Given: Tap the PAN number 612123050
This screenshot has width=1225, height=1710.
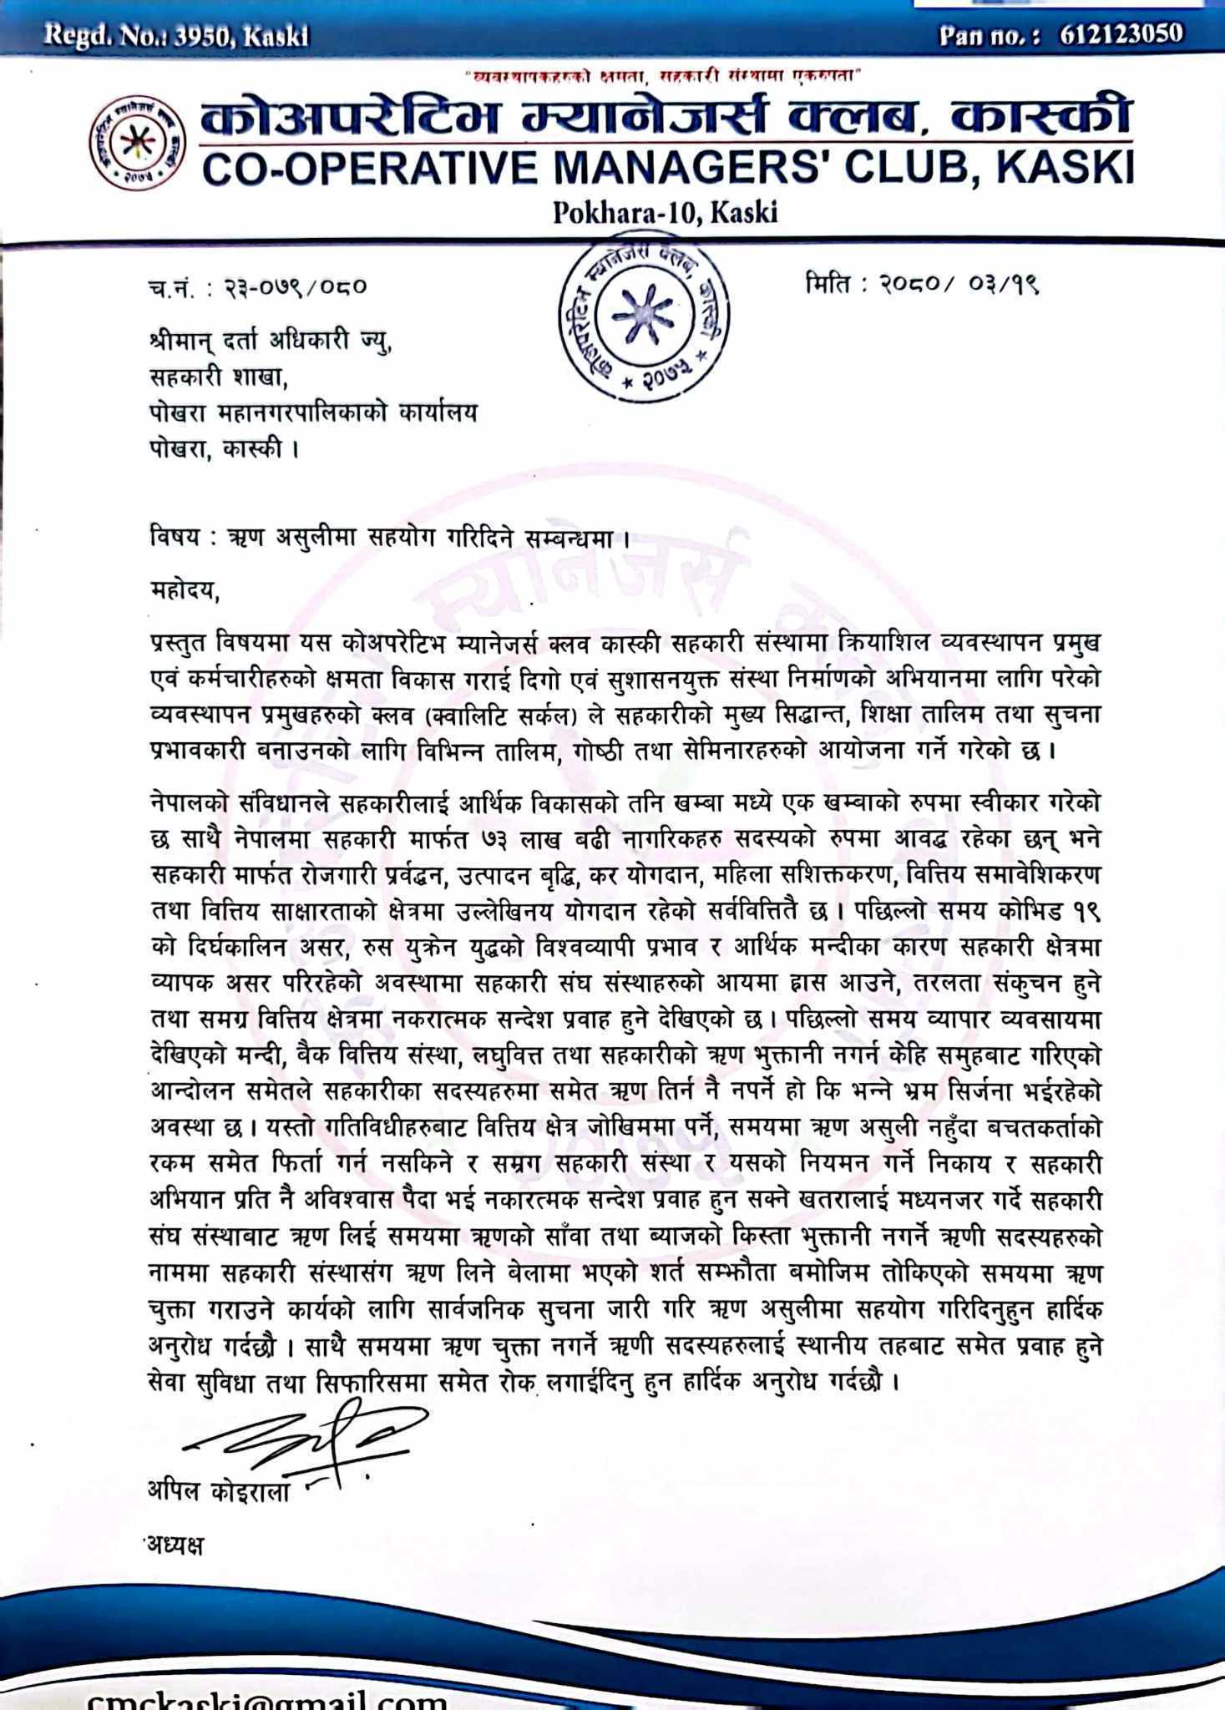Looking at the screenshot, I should coord(1121,34).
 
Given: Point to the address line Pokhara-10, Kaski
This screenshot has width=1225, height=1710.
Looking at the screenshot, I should coord(665,213).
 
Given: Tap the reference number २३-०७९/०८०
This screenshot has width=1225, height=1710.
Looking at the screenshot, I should coord(293,288).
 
